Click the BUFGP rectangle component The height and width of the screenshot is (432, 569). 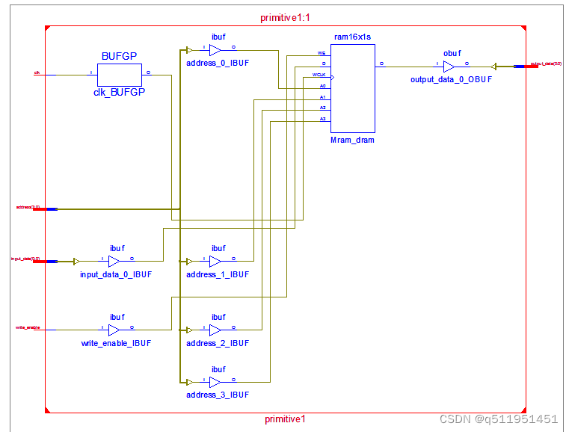(120, 75)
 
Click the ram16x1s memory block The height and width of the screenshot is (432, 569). (352, 88)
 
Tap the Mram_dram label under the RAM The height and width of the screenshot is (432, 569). (352, 140)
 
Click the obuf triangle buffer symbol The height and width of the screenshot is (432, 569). (449, 66)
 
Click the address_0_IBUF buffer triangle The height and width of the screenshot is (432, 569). (215, 51)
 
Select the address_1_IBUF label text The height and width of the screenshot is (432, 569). (218, 275)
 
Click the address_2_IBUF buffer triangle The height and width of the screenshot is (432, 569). (215, 329)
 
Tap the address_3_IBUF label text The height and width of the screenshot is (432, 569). (218, 395)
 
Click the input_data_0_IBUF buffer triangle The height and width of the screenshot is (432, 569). (114, 262)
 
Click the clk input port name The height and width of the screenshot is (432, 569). (37, 73)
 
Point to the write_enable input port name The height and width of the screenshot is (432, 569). (28, 327)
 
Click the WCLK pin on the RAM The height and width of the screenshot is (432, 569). (320, 75)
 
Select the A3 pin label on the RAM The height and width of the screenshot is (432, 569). (322, 119)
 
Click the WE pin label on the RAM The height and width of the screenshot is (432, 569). (322, 54)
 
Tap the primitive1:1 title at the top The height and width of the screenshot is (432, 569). (285, 16)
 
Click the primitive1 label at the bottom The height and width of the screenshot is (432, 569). (285, 419)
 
